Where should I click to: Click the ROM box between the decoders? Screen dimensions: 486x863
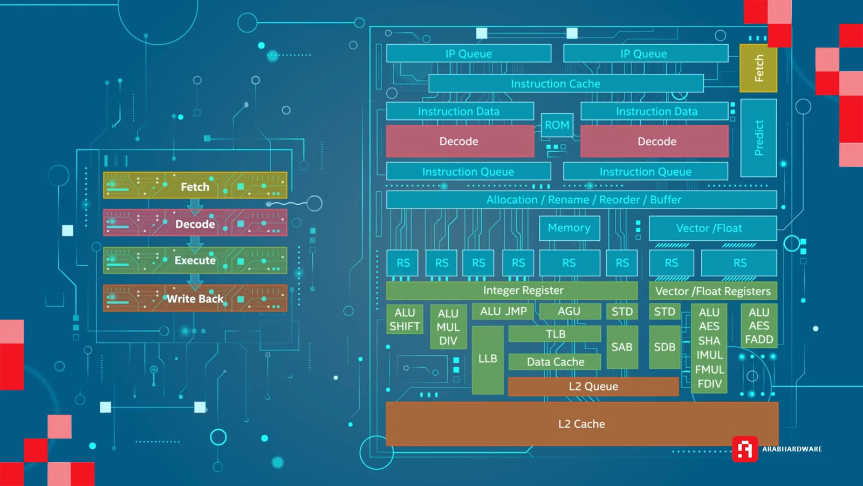(x=557, y=125)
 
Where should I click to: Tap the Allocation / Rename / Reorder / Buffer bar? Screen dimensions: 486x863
(x=581, y=200)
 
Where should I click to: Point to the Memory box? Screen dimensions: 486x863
(x=569, y=228)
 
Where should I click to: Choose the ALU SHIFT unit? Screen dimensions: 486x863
(x=405, y=320)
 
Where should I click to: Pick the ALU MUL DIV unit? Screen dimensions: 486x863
(x=448, y=327)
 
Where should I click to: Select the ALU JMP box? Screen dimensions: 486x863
(x=503, y=312)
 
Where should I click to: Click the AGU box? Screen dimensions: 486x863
(x=570, y=312)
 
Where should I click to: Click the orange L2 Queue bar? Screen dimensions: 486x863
(x=593, y=387)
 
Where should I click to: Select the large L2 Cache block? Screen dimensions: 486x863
(x=581, y=424)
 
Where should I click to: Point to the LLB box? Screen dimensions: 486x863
(x=488, y=359)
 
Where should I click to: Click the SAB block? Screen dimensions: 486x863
(x=622, y=347)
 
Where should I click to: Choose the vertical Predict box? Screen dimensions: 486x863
(x=758, y=138)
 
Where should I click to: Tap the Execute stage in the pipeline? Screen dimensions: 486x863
(x=195, y=261)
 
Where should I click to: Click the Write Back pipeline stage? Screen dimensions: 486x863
(x=195, y=299)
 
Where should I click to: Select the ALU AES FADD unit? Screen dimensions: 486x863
(x=759, y=326)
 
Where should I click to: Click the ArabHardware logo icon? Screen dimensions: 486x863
(x=745, y=449)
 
